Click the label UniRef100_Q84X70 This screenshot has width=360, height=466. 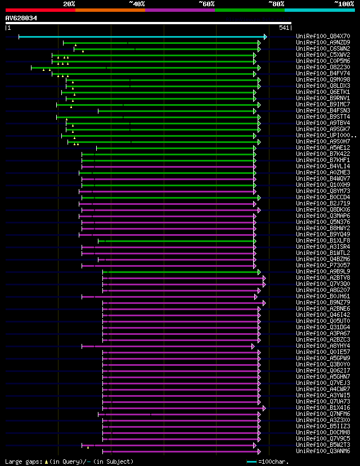pyautogui.click(x=316, y=37)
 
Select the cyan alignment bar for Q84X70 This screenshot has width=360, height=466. pyautogui.click(x=141, y=37)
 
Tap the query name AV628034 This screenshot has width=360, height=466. pyautogui.click(x=21, y=18)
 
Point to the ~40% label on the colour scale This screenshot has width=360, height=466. pyautogui.click(x=137, y=4)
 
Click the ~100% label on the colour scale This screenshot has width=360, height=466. pyautogui.click(x=344, y=4)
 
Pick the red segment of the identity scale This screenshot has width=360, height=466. pyautogui.click(x=40, y=10)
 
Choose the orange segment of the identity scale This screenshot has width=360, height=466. pyautogui.click(x=110, y=10)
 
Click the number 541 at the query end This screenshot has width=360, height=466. pyautogui.click(x=284, y=28)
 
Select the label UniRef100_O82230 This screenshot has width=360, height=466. pyautogui.click(x=316, y=68)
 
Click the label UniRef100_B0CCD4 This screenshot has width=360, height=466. pyautogui.click(x=316, y=198)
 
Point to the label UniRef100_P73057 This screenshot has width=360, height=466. pyautogui.click(x=316, y=265)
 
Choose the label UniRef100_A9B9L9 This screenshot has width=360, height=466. pyautogui.click(x=316, y=271)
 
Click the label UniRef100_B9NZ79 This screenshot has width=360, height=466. pyautogui.click(x=316, y=303)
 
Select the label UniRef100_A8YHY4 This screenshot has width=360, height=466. pyautogui.click(x=316, y=346)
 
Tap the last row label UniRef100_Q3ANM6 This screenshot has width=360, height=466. pyautogui.click(x=316, y=451)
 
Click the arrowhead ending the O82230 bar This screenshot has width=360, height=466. pyautogui.click(x=259, y=68)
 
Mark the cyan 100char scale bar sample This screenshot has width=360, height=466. pyautogui.click(x=251, y=461)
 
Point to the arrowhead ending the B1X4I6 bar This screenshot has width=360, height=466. pyautogui.click(x=264, y=408)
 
